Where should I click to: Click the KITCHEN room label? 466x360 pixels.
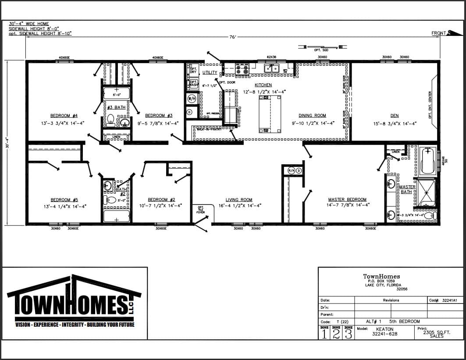(263, 85)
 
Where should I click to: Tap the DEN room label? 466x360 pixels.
(395, 116)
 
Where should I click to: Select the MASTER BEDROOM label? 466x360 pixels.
(347, 200)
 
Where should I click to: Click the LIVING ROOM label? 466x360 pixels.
(239, 200)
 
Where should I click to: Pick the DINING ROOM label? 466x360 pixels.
(313, 116)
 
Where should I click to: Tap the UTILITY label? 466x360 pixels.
(210, 72)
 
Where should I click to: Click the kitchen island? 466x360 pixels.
(270, 114)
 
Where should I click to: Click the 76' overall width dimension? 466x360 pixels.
(233, 37)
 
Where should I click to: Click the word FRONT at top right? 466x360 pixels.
(438, 33)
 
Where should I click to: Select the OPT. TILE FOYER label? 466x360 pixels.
(201, 210)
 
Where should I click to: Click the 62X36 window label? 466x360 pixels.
(271, 57)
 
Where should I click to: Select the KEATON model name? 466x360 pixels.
(384, 329)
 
